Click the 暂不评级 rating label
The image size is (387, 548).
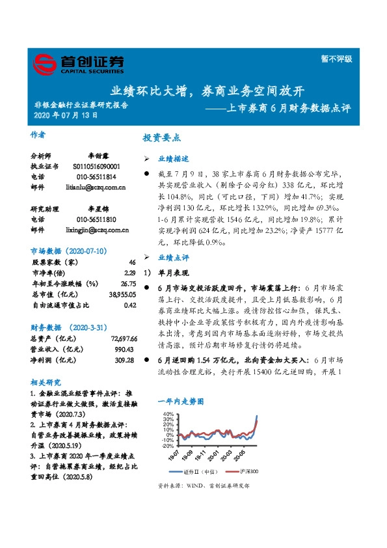(338, 58)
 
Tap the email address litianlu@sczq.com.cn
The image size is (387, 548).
(96, 187)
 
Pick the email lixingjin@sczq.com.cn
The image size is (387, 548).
(97, 230)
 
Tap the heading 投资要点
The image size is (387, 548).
(161, 138)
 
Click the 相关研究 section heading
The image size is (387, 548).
(46, 382)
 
